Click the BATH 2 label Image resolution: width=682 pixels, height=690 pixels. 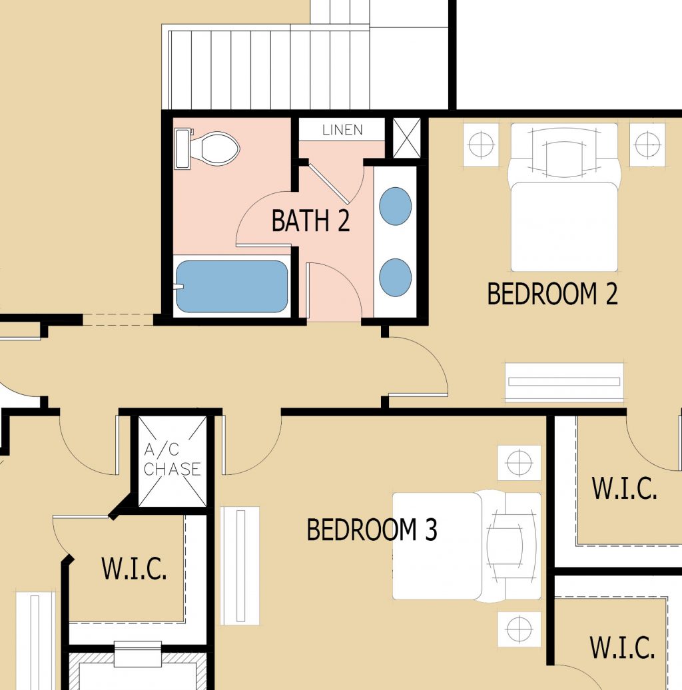tap(310, 221)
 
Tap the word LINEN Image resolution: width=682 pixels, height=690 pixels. tap(342, 130)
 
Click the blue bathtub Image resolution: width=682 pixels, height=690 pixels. tap(231, 286)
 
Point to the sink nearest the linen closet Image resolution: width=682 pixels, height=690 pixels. tap(395, 206)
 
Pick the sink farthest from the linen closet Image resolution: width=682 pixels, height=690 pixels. tap(395, 277)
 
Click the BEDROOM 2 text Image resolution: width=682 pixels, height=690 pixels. tap(552, 294)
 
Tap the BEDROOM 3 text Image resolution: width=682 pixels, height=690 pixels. tap(372, 530)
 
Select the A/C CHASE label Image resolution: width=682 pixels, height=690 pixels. tap(172, 460)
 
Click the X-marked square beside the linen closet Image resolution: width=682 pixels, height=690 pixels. tap(406, 138)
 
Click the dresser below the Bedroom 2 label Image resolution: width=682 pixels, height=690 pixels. tap(564, 382)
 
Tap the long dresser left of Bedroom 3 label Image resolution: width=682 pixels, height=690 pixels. tap(240, 565)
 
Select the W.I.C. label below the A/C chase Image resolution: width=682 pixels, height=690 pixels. tap(134, 569)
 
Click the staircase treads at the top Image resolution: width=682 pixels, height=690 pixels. tap(266, 67)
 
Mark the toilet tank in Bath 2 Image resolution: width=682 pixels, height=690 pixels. tap(182, 148)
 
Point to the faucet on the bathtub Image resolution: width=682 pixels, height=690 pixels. tap(178, 287)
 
